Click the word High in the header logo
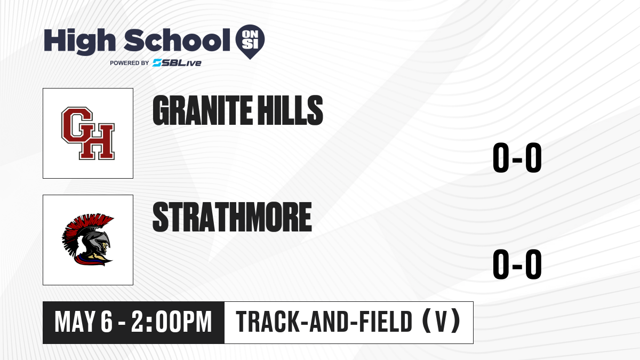[79, 41]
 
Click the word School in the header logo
[177, 40]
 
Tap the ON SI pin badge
[250, 42]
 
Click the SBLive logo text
[177, 62]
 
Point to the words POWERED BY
[130, 63]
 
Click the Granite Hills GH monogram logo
[88, 133]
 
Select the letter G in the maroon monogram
[77, 125]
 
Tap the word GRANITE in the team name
[203, 110]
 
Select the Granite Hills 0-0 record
[517, 158]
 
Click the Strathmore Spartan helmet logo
[88, 239]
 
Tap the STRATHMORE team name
[232, 217]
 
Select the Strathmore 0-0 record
[517, 265]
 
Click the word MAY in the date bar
[75, 322]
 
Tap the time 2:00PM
[171, 322]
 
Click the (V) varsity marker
[441, 322]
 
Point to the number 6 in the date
[107, 322]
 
